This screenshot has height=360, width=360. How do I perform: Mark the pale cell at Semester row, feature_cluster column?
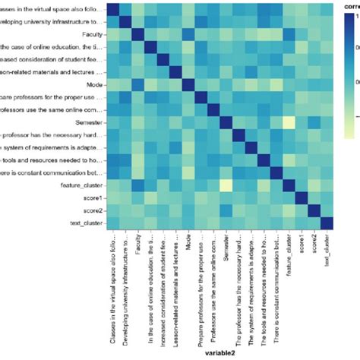click(x=289, y=122)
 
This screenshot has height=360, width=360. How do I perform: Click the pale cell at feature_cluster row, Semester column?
click(x=226, y=185)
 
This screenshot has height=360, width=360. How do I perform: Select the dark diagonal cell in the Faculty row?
click(x=138, y=35)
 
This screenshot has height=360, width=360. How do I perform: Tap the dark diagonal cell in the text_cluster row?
click(x=327, y=223)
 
